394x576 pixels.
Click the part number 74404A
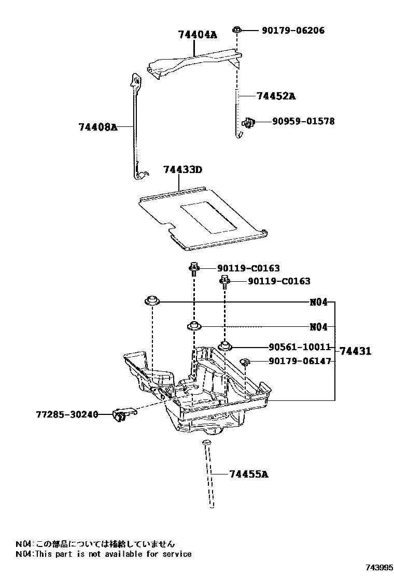197,35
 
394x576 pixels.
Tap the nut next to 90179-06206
236,31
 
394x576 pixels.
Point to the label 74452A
276,96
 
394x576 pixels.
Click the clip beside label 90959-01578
249,122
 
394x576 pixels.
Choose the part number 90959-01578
303,122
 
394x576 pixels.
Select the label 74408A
98,126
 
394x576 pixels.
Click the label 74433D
182,170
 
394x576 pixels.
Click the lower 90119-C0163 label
279,281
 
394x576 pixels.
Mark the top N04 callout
318,302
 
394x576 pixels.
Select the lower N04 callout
318,327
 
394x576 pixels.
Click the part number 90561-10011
299,348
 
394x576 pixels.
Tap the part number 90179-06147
299,361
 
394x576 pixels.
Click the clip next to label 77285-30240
122,414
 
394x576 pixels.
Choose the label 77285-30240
67,414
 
